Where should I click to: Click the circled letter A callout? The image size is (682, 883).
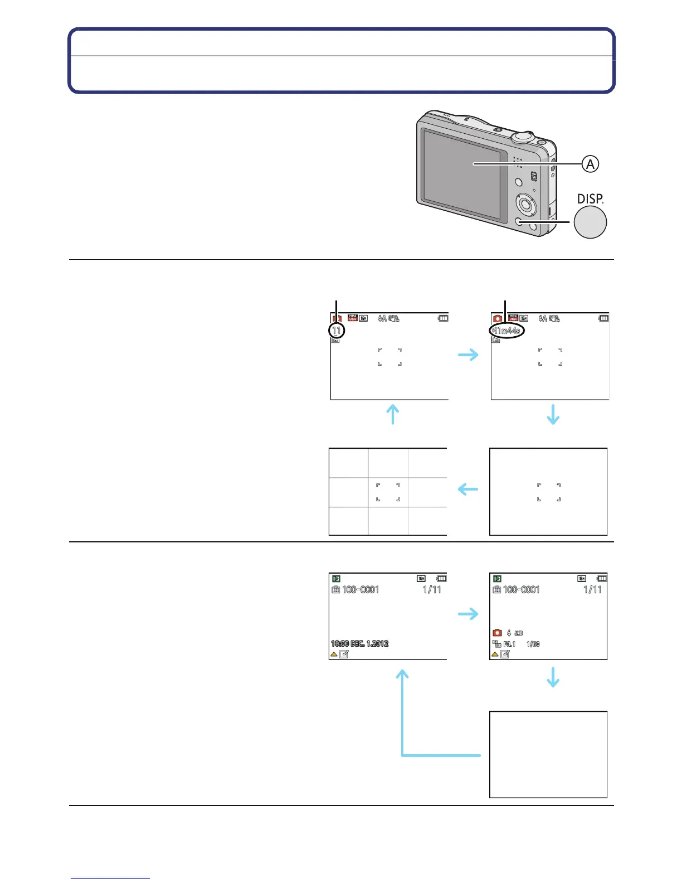click(x=590, y=164)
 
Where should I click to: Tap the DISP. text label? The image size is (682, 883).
click(x=590, y=198)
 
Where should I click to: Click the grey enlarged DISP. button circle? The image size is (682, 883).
click(x=590, y=222)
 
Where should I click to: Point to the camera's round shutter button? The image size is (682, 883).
click(x=523, y=135)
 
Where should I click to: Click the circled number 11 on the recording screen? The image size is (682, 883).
click(x=337, y=331)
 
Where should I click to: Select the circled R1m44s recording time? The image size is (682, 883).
click(x=506, y=331)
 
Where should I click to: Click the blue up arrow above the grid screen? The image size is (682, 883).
click(x=393, y=414)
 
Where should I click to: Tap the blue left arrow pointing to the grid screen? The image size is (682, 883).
click(x=468, y=489)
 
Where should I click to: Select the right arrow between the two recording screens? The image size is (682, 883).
click(x=468, y=355)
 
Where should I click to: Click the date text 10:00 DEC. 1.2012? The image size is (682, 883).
click(x=359, y=644)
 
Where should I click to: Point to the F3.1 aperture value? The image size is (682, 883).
click(x=509, y=644)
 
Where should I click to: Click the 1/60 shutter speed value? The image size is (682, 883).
click(x=533, y=644)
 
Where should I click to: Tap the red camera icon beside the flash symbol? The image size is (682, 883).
click(x=497, y=633)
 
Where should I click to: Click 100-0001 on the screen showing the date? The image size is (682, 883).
click(x=361, y=590)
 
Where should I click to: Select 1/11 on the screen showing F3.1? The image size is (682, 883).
click(x=592, y=590)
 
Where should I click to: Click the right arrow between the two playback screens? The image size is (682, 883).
click(x=468, y=614)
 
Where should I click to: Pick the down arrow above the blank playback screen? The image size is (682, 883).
click(x=553, y=677)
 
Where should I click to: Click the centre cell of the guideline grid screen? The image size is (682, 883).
click(x=388, y=492)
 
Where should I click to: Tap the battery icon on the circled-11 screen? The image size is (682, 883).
click(x=443, y=318)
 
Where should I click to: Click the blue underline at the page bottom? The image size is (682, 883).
click(x=110, y=878)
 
